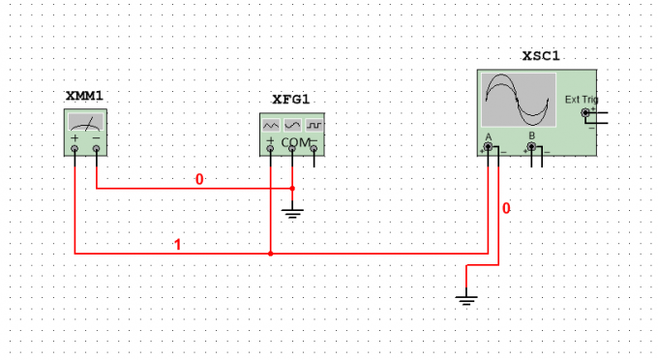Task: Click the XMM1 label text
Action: [84, 96]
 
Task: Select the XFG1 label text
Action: [291, 100]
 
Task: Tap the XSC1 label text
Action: [541, 56]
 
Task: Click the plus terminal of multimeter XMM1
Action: [75, 148]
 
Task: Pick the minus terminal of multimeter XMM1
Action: [97, 148]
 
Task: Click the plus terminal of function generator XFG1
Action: [270, 148]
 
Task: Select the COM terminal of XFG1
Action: [292, 148]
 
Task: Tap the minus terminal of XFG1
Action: [314, 148]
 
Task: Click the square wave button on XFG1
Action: [314, 125]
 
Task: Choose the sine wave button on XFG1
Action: [292, 125]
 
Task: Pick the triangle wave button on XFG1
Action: [271, 125]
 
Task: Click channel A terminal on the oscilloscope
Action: [488, 146]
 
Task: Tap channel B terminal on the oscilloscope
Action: [531, 146]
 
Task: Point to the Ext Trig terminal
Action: [585, 112]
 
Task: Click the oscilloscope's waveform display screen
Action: [519, 100]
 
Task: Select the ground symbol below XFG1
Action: [292, 214]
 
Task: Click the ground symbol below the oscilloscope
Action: [466, 300]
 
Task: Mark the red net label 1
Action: [177, 245]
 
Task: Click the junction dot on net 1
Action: [271, 254]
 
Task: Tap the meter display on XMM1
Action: [85, 122]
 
